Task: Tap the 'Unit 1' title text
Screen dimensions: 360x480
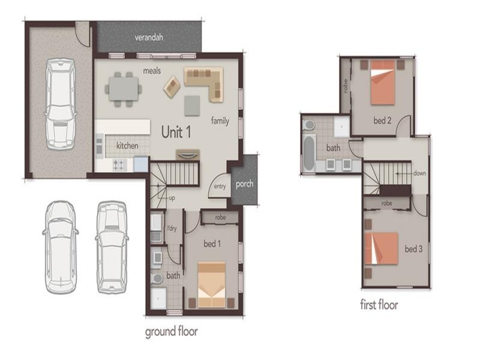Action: click(x=176, y=132)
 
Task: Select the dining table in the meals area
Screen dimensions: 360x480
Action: click(x=124, y=89)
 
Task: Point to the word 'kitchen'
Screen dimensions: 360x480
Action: click(x=127, y=146)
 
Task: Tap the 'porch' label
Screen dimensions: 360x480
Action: click(x=245, y=184)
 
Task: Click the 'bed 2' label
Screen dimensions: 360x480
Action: click(x=382, y=121)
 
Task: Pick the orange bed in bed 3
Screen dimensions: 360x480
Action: click(x=382, y=248)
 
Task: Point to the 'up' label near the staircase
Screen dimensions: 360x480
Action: click(x=172, y=197)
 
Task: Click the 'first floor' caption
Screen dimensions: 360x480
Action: click(x=379, y=305)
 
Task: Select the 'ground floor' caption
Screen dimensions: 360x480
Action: click(x=172, y=331)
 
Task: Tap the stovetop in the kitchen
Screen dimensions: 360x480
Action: click(x=118, y=163)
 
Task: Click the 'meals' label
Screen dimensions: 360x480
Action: click(x=152, y=71)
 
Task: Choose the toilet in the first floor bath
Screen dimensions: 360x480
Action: click(x=309, y=124)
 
